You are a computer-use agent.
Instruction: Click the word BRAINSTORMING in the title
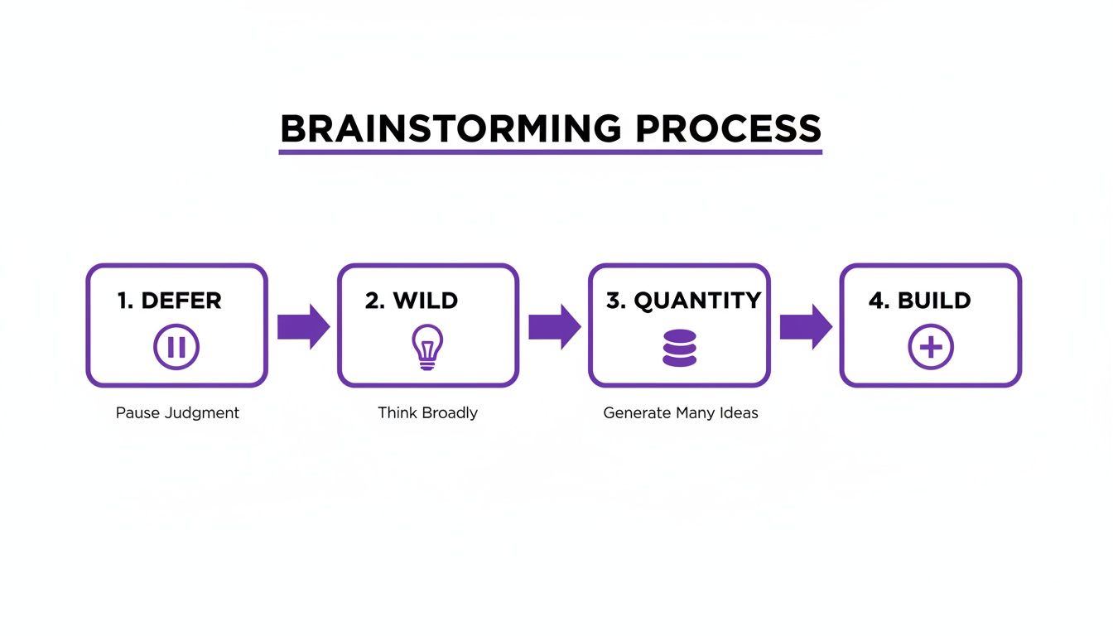tap(450, 129)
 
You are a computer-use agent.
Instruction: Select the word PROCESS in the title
tap(728, 129)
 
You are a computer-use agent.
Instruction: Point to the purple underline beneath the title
tap(550, 152)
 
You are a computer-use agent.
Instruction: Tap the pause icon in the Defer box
tap(176, 347)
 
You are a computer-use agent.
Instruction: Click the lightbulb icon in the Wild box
tap(427, 347)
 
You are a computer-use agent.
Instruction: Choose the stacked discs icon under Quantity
tap(679, 348)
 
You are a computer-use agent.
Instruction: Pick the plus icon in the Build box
tap(931, 347)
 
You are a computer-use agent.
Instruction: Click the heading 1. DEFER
tap(170, 301)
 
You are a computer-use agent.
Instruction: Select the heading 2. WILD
tap(412, 301)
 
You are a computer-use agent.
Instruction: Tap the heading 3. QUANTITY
tap(683, 301)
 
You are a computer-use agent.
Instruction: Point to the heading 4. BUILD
tap(919, 301)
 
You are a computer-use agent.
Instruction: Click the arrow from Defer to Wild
tap(303, 326)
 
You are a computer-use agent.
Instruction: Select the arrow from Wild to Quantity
tap(554, 326)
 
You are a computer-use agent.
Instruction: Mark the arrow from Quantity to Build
tap(806, 326)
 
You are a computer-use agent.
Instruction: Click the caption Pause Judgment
tap(177, 413)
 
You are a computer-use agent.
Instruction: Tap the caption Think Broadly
tap(427, 413)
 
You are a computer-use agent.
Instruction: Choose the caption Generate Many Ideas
tap(680, 413)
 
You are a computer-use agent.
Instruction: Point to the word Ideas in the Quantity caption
tap(739, 413)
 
